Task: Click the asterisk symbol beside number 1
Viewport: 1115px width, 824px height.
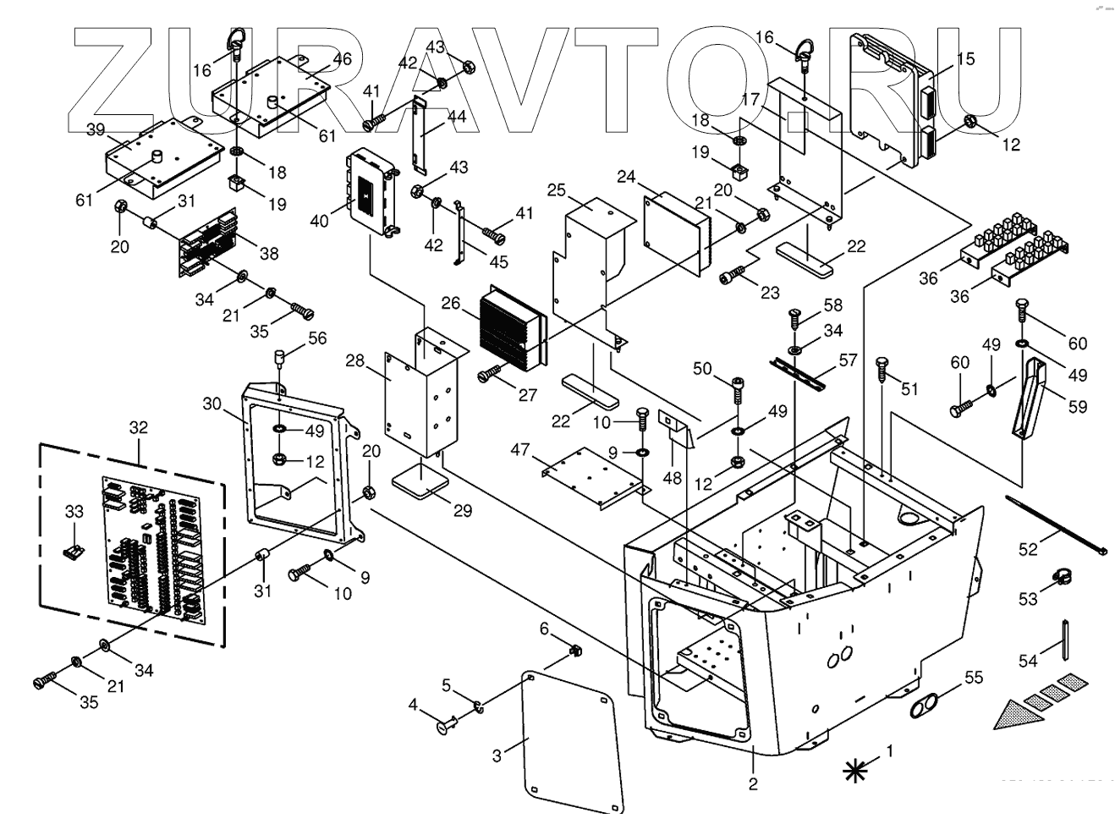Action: coord(855,769)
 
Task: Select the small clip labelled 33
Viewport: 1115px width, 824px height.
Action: coord(75,552)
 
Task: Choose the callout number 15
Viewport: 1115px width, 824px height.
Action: coord(965,59)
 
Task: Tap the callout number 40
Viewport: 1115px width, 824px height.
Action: coord(320,222)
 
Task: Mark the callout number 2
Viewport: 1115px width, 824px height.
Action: coord(753,783)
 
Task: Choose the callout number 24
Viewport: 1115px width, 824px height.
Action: coord(626,178)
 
